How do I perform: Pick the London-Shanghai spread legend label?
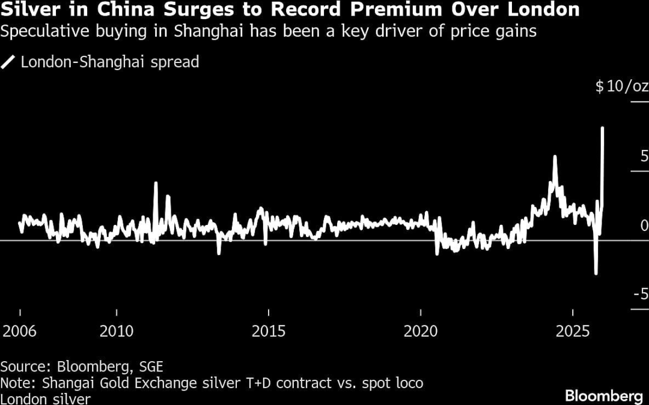tap(109, 62)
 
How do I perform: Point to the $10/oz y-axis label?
tap(621, 86)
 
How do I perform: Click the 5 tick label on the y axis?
tap(644, 157)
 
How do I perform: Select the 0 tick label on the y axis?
tap(644, 226)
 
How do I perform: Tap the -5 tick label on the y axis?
tap(641, 295)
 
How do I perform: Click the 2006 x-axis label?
tap(20, 332)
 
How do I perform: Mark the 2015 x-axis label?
tap(269, 332)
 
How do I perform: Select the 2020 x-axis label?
tap(421, 332)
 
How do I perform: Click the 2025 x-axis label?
tap(573, 332)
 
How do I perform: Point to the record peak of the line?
tap(602, 128)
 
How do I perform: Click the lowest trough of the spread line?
tap(596, 274)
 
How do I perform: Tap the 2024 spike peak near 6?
tap(555, 157)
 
